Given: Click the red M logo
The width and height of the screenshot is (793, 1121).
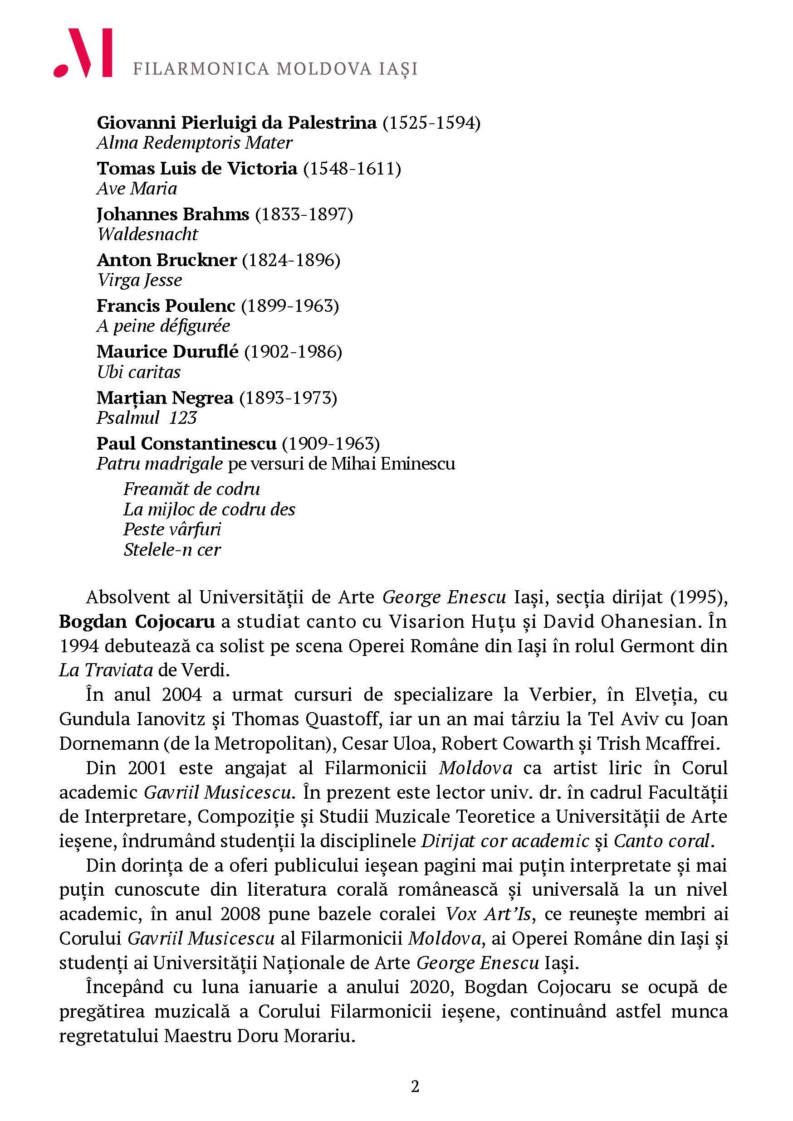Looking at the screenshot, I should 83,53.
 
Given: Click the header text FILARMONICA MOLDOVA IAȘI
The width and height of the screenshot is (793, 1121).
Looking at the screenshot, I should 275,69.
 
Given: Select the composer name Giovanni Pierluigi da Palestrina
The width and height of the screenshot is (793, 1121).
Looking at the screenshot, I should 236,122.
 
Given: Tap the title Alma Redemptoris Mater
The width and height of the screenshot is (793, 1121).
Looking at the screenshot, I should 195,143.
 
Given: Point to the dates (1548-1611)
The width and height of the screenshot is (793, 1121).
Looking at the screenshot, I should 352,169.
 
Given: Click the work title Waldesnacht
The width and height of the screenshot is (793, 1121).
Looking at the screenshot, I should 147,234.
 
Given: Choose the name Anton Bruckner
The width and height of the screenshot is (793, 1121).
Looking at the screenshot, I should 166,260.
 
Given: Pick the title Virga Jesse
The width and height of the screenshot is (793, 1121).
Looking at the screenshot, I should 139,280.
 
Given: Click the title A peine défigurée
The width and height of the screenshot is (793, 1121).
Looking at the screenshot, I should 163,325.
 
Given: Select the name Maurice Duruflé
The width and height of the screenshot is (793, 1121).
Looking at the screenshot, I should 167,352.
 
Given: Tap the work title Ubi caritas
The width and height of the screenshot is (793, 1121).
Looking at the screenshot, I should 139,372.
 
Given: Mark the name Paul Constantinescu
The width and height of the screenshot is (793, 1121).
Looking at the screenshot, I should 186,443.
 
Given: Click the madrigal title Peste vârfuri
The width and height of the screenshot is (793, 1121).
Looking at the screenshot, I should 172,529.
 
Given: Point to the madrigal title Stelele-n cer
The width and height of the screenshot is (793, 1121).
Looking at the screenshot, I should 172,550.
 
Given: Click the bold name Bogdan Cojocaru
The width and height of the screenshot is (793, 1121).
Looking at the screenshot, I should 137,621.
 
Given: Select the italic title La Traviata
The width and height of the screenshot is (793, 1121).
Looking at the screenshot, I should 106,670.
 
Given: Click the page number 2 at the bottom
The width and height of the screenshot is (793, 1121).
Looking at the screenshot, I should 415,1087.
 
